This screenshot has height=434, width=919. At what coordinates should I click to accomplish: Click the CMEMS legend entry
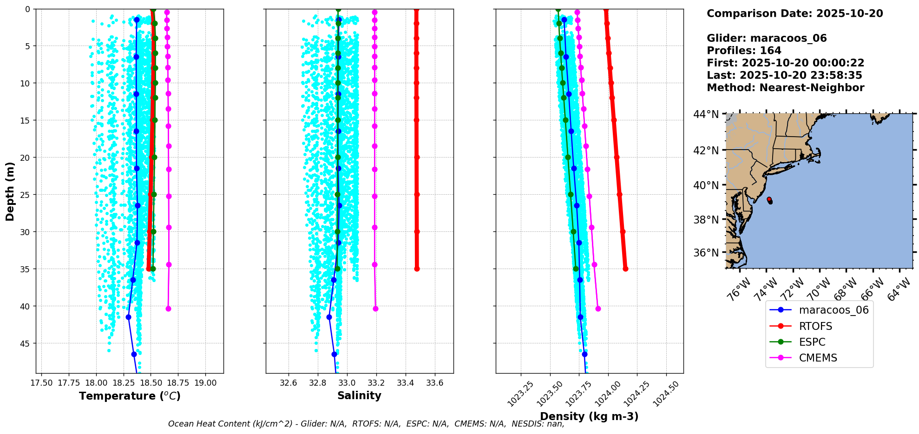click(818, 358)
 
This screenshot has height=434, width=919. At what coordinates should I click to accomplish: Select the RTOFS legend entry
click(815, 326)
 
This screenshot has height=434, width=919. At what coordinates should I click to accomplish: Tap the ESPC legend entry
click(812, 342)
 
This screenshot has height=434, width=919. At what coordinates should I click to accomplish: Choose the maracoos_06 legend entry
click(834, 310)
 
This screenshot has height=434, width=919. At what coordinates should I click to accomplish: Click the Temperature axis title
click(130, 396)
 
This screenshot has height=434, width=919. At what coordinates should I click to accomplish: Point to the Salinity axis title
click(359, 395)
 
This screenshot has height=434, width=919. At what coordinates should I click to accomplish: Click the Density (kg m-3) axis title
click(589, 416)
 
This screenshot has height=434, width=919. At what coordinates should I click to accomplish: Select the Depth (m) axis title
click(10, 191)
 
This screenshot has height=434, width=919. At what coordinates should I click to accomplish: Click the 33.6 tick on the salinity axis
click(435, 383)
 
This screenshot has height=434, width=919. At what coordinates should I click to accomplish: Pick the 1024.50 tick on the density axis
click(666, 393)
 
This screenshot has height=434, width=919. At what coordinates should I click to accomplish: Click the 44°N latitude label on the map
click(706, 114)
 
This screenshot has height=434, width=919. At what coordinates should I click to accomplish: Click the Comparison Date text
click(794, 13)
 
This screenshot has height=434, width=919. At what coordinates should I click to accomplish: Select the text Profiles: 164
click(744, 51)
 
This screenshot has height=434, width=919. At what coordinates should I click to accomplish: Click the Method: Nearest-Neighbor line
click(785, 88)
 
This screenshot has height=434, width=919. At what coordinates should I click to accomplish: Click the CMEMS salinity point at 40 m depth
click(375, 309)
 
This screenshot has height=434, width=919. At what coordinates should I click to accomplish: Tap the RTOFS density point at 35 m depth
click(625, 269)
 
